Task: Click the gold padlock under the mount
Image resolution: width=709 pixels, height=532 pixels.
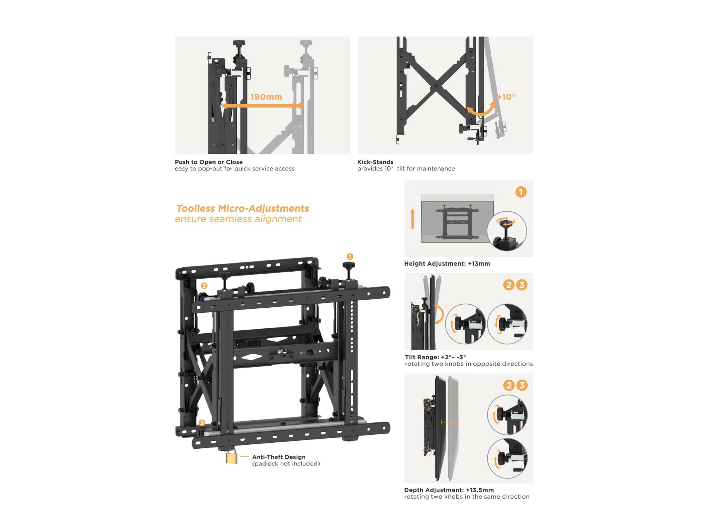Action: click(231, 458)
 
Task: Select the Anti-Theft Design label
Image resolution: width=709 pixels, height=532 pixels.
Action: click(279, 457)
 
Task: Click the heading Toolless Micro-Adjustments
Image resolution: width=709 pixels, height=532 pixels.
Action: click(243, 208)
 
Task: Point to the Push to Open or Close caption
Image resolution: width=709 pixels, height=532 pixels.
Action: click(209, 162)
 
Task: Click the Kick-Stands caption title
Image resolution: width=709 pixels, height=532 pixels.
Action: click(375, 162)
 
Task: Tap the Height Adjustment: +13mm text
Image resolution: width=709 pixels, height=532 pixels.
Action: click(447, 264)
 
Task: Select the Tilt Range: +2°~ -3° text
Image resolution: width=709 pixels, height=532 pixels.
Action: click(435, 357)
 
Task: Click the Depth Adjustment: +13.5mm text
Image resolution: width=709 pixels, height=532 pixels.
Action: click(449, 490)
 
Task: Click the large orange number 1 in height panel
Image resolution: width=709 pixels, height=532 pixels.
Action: click(521, 192)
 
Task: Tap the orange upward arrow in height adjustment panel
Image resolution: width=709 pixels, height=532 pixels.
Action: click(412, 219)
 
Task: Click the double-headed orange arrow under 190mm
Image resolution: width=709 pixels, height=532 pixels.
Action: click(263, 106)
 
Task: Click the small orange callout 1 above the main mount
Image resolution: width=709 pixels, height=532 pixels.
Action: click(350, 257)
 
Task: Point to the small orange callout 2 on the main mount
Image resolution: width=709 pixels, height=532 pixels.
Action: click(204, 286)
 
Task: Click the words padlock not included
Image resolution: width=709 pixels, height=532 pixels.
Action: click(286, 464)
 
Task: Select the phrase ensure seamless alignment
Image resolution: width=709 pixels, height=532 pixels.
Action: click(238, 219)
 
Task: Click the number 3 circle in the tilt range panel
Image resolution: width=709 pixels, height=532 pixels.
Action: click(521, 285)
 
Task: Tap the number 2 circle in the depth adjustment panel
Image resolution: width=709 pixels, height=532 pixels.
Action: click(509, 385)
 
